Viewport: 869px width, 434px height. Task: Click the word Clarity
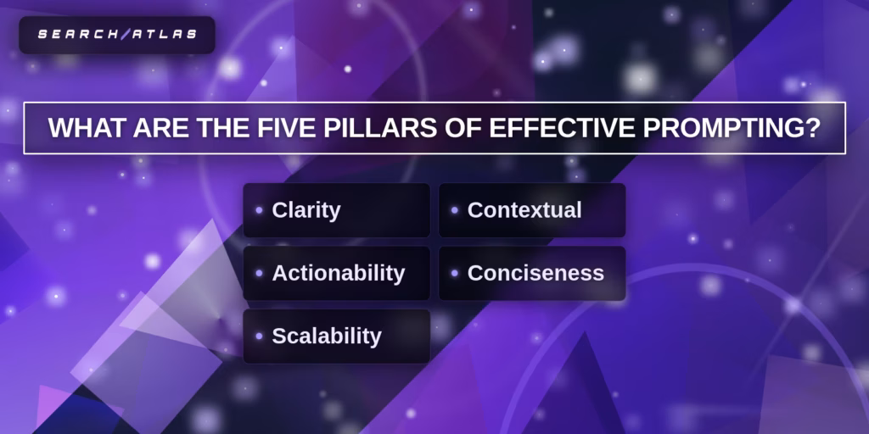tap(306, 211)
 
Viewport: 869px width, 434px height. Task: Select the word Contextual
tap(524, 210)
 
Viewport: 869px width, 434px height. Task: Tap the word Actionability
tap(338, 274)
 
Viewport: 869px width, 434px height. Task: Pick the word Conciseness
tap(535, 273)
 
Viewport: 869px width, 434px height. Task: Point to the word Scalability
tap(327, 337)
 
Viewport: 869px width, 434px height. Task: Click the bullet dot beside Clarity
tap(259, 210)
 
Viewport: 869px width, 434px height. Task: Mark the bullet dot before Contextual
tap(455, 210)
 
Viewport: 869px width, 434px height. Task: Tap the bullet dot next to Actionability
tap(259, 273)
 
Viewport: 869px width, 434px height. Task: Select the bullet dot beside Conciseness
tap(455, 273)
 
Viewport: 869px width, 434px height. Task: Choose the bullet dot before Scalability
tap(259, 336)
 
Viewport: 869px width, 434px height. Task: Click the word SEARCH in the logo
tap(78, 34)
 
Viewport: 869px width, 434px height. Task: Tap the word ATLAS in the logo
tap(163, 34)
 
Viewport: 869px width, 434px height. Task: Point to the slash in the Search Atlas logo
tap(124, 34)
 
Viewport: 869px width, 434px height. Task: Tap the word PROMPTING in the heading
tap(712, 129)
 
